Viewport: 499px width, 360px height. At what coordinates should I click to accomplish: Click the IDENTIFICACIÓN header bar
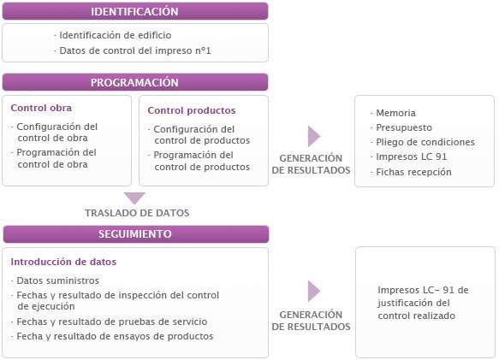(134, 12)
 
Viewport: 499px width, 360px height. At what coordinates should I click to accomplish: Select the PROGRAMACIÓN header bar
(134, 83)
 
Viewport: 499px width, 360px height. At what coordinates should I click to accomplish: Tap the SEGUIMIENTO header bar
(134, 233)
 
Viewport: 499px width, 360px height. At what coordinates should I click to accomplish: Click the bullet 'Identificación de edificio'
(115, 35)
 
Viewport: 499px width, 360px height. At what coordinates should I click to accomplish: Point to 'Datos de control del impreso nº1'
(134, 50)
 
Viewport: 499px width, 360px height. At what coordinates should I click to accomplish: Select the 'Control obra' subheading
(41, 109)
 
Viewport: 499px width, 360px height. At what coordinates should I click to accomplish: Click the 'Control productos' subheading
(191, 110)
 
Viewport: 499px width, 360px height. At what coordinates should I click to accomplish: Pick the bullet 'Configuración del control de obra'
(56, 133)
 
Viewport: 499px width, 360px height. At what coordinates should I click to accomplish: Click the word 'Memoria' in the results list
(395, 113)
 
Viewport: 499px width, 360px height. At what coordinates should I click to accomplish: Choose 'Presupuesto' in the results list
(402, 127)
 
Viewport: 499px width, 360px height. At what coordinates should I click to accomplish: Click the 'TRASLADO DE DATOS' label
(137, 213)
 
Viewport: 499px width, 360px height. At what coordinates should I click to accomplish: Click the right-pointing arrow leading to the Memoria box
(313, 137)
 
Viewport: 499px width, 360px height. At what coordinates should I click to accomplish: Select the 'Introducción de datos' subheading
(63, 262)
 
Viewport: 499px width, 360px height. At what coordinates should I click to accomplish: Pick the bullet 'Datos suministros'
(58, 280)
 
